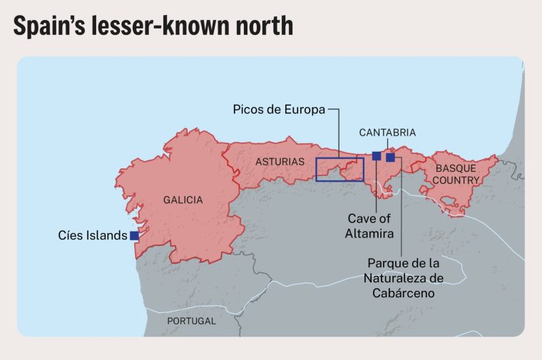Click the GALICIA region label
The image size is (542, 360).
(183, 200)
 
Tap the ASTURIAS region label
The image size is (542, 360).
(280, 162)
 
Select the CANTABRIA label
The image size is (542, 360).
(387, 133)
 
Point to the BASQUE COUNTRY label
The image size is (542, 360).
(456, 175)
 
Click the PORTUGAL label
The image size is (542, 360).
(191, 321)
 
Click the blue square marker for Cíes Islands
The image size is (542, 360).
(134, 235)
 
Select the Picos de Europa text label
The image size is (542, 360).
(279, 110)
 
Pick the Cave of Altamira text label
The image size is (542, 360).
(371, 226)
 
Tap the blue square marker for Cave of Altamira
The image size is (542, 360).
(377, 156)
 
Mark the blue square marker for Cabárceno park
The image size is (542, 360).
(390, 157)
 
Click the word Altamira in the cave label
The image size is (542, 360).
(371, 233)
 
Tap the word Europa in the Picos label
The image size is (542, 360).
(306, 110)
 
